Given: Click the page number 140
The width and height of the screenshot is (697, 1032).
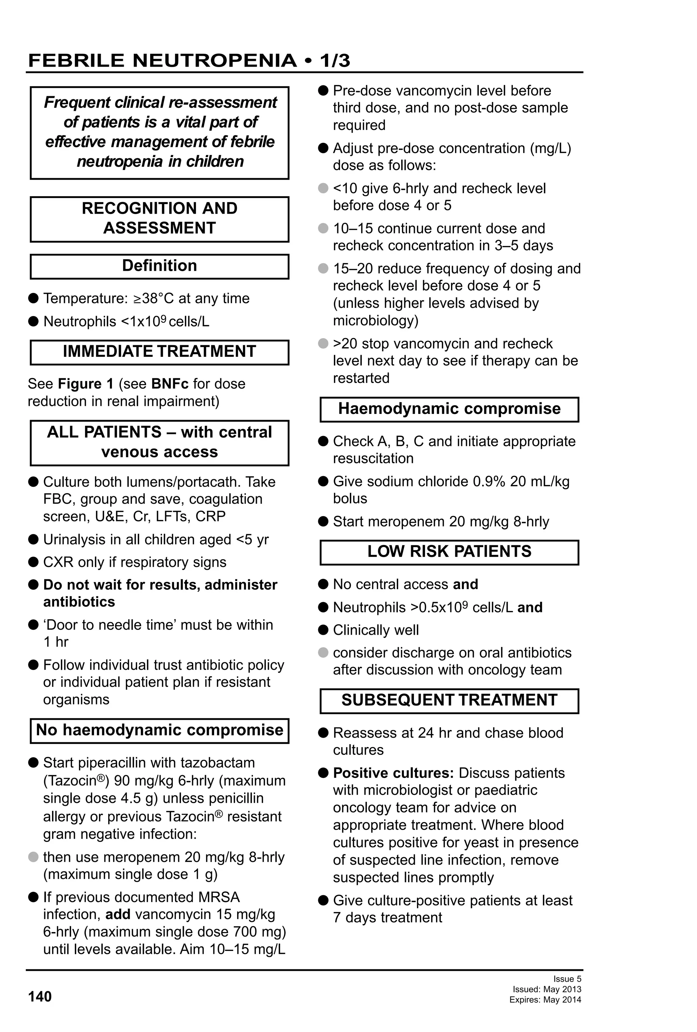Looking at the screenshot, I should pos(39,997).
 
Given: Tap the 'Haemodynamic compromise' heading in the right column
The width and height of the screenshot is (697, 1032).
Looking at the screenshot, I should pos(449,409).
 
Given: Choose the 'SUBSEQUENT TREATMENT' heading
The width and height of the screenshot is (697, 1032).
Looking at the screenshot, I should pos(449,700).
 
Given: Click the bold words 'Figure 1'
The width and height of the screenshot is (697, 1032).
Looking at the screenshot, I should pos(86,384).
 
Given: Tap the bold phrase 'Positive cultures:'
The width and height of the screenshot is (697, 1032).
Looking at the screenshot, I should pos(393,773).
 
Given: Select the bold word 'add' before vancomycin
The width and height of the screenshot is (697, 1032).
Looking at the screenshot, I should pos(118,915).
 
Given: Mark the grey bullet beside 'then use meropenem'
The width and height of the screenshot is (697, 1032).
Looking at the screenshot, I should pos(33,857).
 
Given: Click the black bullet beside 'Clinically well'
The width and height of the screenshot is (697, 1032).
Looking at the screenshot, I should pos(323,630).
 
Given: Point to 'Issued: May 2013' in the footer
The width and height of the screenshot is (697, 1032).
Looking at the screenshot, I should pos(547,989).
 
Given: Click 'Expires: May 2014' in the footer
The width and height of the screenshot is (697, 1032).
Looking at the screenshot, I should pos(545,1000).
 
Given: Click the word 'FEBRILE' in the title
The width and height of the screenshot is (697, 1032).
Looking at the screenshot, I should pos(76,61).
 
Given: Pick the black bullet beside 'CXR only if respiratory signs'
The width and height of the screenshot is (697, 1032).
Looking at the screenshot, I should pos(33,562).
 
